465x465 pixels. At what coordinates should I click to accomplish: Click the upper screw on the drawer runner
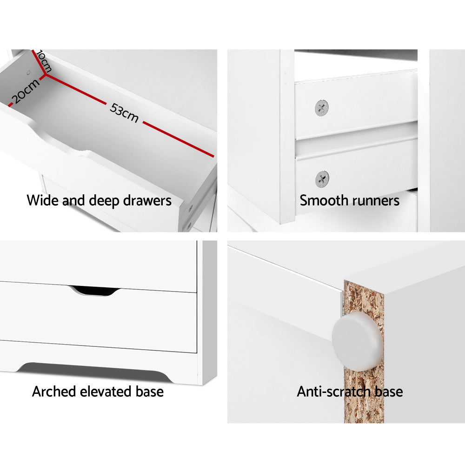click(x=322, y=108)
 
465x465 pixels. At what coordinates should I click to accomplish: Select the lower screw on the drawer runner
click(x=322, y=179)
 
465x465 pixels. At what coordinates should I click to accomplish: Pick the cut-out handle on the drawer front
click(x=94, y=291)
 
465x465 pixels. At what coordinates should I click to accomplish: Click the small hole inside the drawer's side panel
click(x=28, y=73)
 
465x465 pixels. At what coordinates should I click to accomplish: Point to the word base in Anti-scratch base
click(x=388, y=392)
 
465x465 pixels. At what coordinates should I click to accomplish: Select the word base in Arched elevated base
click(x=149, y=392)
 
